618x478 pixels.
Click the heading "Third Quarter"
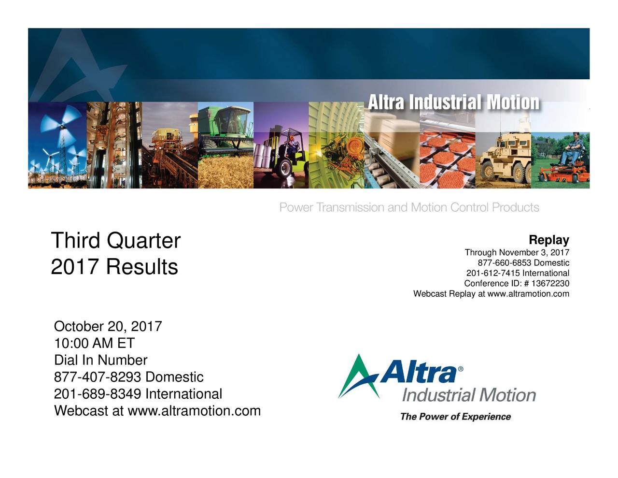115,241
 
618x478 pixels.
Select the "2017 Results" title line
114,267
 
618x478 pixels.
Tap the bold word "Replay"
549,240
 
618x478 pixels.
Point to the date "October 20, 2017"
108,326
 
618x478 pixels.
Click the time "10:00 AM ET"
94,343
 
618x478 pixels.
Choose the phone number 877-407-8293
98,377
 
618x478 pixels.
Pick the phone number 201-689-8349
98,394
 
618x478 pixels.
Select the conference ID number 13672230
550,284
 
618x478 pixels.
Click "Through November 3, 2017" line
517,253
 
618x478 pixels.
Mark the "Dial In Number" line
100,360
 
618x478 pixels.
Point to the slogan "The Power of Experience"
455,417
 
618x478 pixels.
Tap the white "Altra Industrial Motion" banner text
453,102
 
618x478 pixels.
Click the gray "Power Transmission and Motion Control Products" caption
409,208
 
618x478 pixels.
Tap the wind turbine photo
57,145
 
